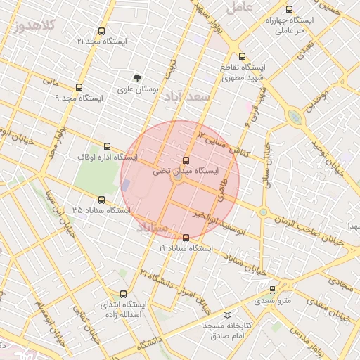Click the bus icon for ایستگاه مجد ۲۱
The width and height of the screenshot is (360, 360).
pos(101,32)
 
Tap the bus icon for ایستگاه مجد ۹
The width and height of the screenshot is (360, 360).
pos(78,88)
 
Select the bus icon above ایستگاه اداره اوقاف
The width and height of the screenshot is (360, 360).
pos(107,146)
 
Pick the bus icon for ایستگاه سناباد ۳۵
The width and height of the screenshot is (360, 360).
pos(101,200)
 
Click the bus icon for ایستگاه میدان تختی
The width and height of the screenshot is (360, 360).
pos(186,160)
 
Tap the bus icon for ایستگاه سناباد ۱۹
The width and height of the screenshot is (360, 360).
pos(186,238)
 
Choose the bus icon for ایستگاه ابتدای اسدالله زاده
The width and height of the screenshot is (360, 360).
pos(124,295)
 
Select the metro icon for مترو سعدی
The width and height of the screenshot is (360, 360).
pos(273,289)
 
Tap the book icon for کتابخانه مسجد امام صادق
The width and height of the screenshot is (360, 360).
pos(226,315)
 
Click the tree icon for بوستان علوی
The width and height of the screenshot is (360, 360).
pos(137,78)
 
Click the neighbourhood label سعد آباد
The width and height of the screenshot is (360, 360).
pos(187,98)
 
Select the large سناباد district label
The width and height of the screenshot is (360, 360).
pos(152,229)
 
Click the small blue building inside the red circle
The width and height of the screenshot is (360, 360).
pos(126,186)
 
